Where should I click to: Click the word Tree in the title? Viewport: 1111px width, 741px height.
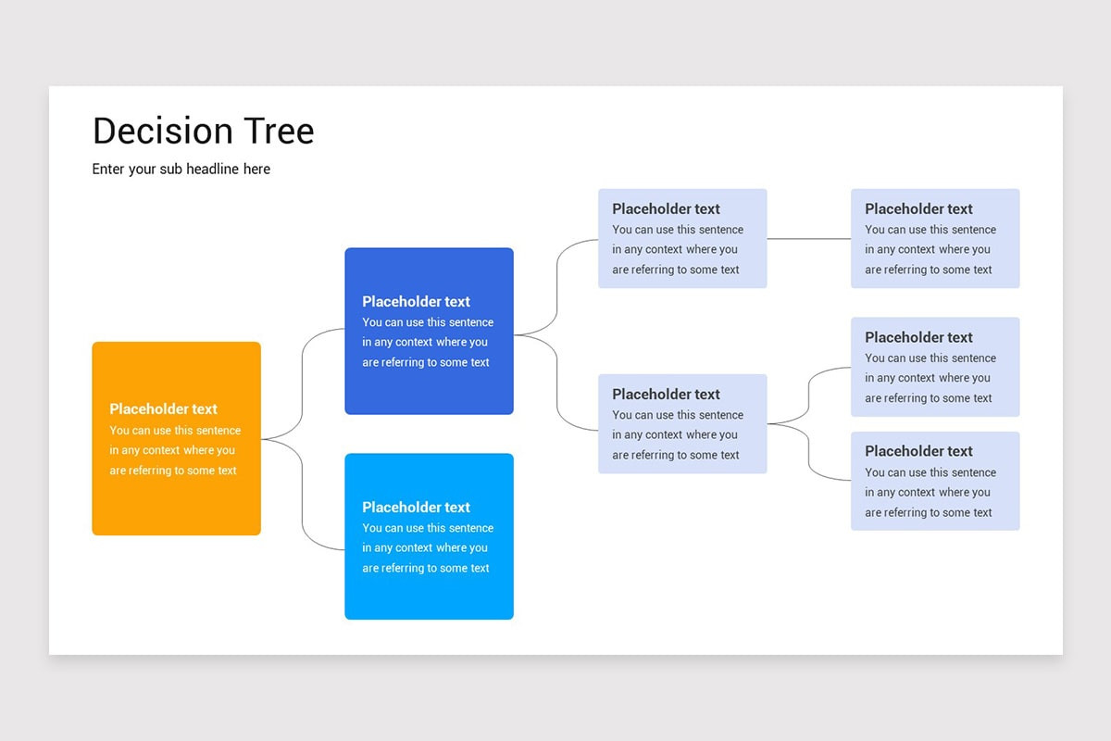coord(279,132)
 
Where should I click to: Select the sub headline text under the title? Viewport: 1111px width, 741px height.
coord(181,170)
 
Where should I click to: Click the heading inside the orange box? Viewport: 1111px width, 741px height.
coord(163,409)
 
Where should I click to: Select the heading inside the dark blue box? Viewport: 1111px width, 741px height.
coord(416,302)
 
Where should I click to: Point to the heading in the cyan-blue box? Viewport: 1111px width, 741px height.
coord(416,508)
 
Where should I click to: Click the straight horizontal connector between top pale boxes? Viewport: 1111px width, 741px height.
coord(808,239)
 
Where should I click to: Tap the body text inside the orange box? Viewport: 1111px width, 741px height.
coord(174,451)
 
